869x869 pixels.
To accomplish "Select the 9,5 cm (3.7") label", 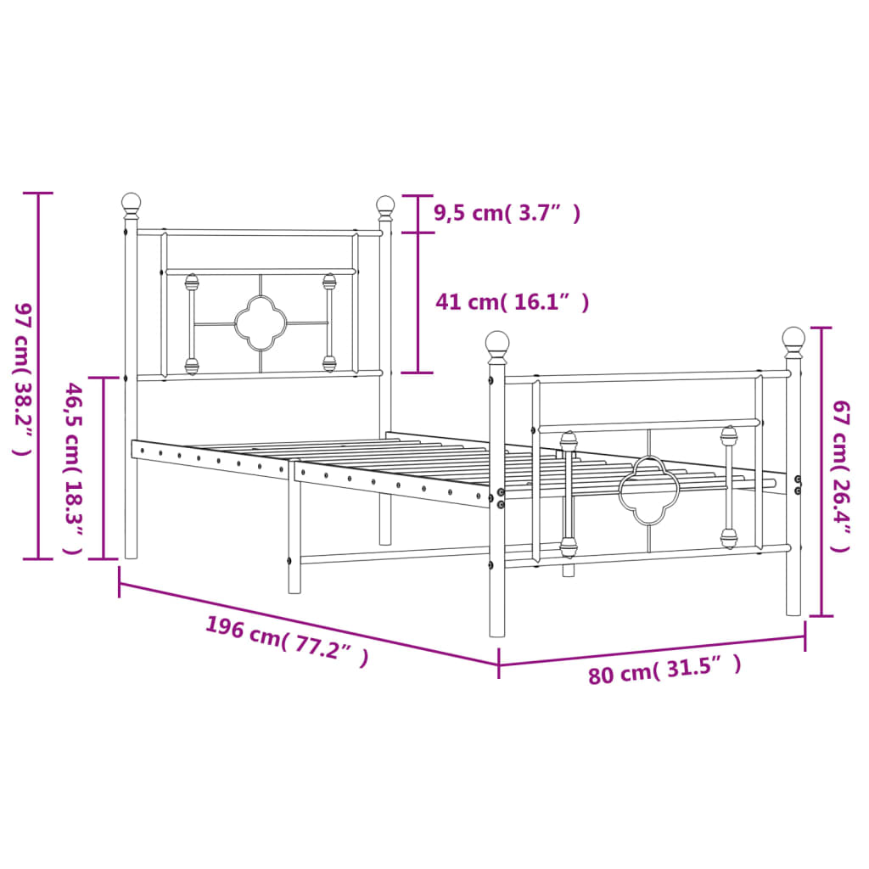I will click(x=507, y=213).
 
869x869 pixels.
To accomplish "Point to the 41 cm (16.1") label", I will click(x=511, y=301).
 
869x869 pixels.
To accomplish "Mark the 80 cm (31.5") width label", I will click(x=664, y=670).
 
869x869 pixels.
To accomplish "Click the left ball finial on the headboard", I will click(x=131, y=204).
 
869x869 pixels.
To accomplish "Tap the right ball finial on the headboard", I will click(x=385, y=205).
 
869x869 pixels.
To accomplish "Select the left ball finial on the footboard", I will click(x=497, y=343).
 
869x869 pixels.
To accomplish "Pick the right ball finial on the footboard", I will click(x=793, y=339).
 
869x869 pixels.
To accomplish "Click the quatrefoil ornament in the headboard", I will click(x=261, y=323).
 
